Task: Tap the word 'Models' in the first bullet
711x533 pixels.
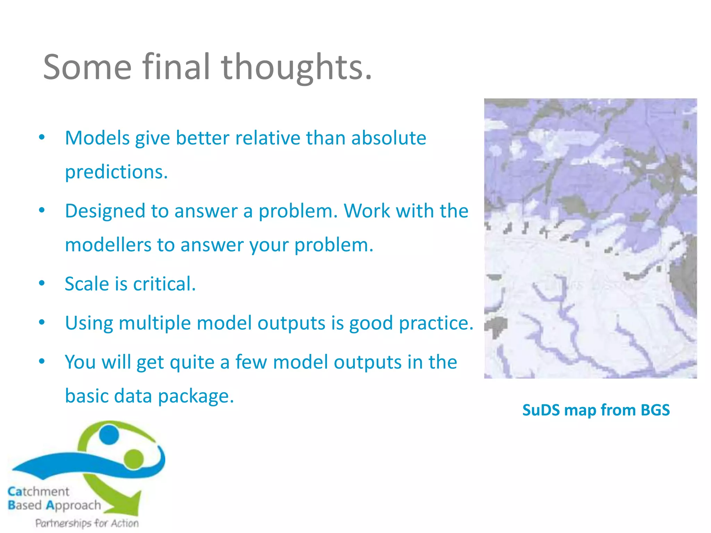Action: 97,138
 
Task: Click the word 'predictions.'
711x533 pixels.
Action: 116,172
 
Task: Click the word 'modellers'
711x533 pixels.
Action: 108,245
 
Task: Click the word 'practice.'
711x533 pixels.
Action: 436,323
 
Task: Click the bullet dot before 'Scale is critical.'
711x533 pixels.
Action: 42,284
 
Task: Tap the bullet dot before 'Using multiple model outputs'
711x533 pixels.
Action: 42,323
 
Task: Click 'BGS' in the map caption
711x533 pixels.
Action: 655,410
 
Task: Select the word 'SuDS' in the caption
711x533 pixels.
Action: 541,410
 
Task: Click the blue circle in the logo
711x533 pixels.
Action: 109,435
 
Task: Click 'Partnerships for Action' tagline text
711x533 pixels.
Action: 87,523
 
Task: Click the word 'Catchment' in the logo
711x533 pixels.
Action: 39,491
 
